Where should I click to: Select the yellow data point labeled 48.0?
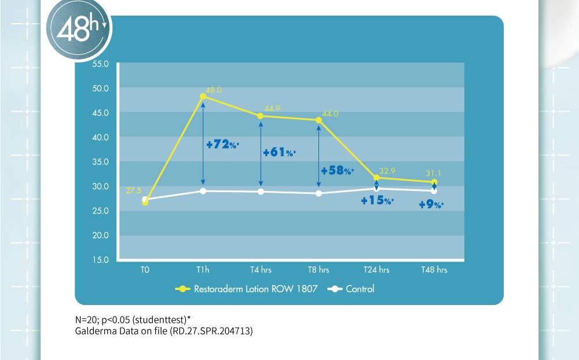[203, 97]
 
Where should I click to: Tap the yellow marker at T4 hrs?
[260, 116]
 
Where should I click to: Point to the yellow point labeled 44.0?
[318, 120]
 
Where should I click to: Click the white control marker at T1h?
[203, 191]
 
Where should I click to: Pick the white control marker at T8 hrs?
[318, 193]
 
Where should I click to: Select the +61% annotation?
[279, 153]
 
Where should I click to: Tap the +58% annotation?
[337, 170]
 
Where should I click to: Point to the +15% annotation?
[377, 201]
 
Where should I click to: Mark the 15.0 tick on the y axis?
[101, 260]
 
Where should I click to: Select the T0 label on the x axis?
[145, 270]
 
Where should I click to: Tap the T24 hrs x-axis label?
[376, 270]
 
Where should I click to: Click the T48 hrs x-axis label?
[434, 270]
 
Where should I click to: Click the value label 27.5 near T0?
[134, 190]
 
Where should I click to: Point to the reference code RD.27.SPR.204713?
[208, 332]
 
